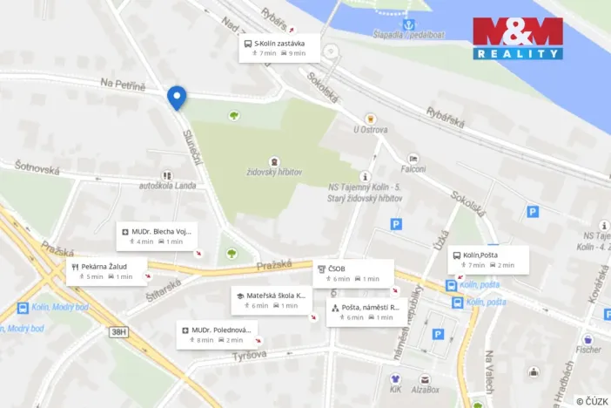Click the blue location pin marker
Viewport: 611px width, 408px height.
click(x=177, y=98)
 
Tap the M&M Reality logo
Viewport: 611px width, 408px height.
click(x=517, y=38)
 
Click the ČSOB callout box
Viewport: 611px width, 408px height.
click(x=353, y=273)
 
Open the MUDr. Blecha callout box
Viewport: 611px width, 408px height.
click(x=157, y=235)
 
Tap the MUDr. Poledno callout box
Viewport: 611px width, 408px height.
click(x=217, y=334)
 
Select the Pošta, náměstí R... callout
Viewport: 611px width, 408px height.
click(x=364, y=311)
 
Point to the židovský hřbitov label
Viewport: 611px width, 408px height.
click(x=274, y=173)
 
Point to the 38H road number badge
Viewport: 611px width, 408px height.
click(x=119, y=331)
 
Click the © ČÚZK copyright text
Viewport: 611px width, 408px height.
click(x=592, y=400)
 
